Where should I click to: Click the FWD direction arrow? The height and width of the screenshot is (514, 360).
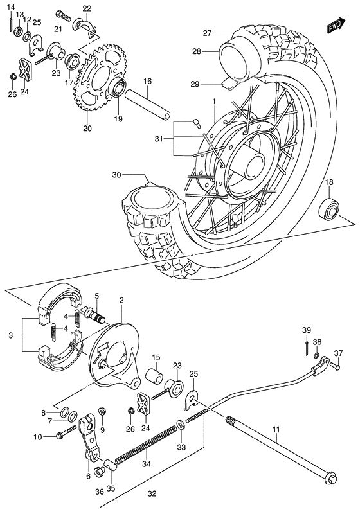click(333, 26)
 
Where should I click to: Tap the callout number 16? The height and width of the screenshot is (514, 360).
click(147, 82)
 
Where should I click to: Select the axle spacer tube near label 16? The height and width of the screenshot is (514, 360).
click(148, 107)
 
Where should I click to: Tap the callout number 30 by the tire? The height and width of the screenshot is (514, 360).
click(116, 174)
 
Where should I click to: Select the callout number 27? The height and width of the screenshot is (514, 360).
click(206, 33)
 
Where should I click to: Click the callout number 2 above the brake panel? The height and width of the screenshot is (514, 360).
click(121, 299)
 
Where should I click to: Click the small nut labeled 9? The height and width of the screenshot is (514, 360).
click(103, 411)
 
